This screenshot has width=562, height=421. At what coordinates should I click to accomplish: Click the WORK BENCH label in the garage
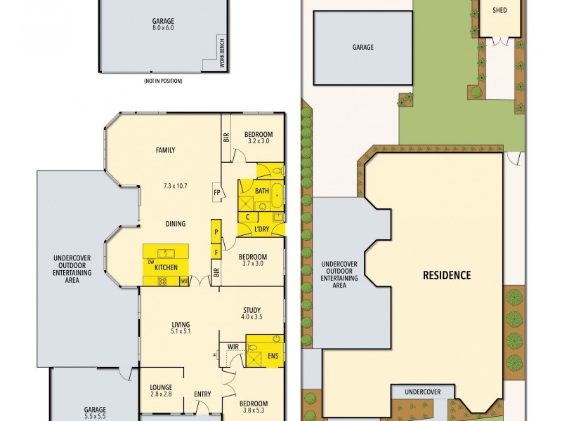click(x=222, y=53)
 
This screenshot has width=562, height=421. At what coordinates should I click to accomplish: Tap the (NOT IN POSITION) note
click(x=163, y=81)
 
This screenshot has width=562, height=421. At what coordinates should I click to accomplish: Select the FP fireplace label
click(x=217, y=192)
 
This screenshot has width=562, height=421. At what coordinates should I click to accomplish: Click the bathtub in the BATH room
click(x=276, y=195)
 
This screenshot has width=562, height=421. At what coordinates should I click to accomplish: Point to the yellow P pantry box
click(x=216, y=232)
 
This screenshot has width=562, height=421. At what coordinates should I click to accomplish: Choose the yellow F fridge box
click(x=216, y=253)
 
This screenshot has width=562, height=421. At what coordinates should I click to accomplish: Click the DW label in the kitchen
click(x=151, y=262)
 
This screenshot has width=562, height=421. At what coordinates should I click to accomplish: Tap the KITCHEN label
click(x=166, y=267)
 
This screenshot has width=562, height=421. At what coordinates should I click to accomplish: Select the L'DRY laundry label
click(x=261, y=229)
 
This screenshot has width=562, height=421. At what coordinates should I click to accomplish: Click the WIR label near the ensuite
click(x=233, y=347)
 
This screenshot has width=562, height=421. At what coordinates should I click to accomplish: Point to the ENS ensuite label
click(x=273, y=356)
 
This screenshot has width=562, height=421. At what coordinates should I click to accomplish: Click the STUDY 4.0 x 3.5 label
click(x=251, y=313)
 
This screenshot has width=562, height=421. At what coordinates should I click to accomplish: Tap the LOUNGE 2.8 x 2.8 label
click(x=161, y=391)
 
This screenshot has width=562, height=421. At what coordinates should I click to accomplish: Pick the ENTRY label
click(x=202, y=394)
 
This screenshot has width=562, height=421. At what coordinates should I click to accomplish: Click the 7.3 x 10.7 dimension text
click(x=175, y=186)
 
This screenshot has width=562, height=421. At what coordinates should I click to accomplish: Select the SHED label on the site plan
click(x=499, y=10)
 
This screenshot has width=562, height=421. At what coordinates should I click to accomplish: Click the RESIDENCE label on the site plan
click(x=447, y=275)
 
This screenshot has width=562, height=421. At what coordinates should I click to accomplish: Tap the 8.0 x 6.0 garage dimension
click(x=163, y=27)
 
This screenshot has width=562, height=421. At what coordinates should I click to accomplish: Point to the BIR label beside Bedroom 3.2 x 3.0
click(x=226, y=138)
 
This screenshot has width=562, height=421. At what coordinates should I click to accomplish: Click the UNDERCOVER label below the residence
click(x=423, y=392)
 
